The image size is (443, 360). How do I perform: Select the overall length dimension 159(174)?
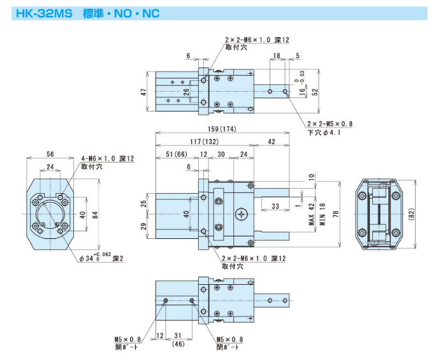220,129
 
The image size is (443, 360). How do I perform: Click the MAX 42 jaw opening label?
312,215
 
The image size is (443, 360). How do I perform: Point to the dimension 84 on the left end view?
94,215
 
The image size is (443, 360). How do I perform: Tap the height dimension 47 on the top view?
145,93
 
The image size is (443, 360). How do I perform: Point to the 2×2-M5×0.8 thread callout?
330,124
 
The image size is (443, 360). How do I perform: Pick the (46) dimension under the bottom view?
178,343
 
